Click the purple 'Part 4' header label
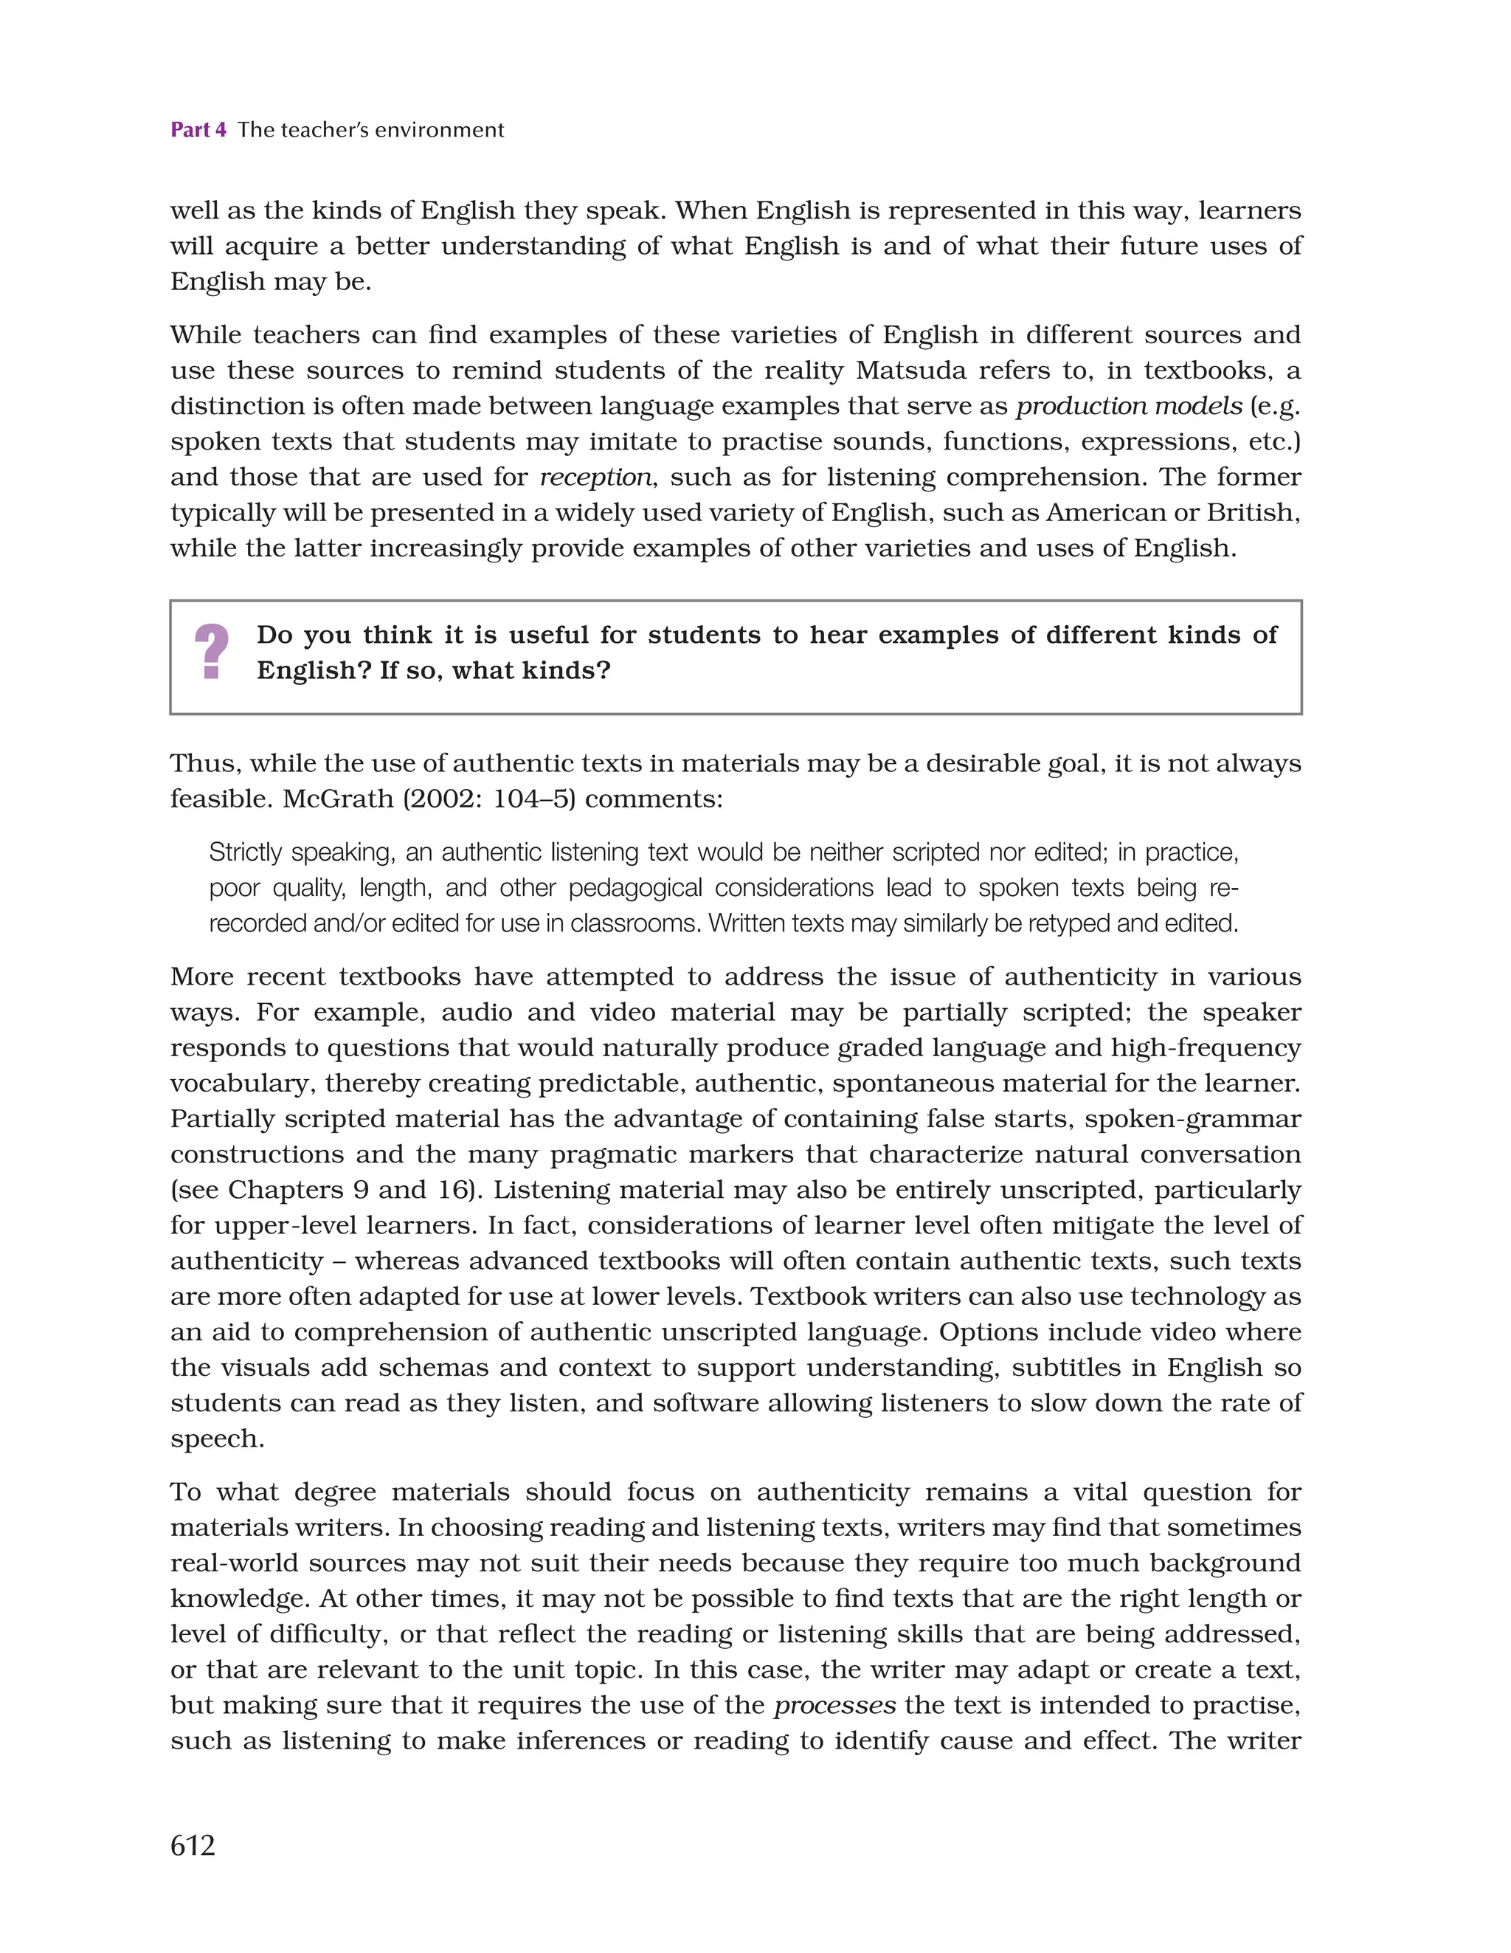198,130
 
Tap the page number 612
193,1844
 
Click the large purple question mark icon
211,651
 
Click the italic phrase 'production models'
1128,406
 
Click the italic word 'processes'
834,1705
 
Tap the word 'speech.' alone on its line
217,1439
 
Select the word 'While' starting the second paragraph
205,334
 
